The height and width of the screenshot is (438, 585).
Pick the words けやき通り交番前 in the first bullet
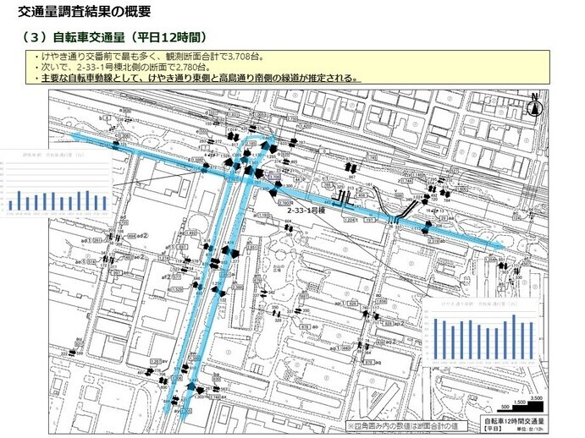click(x=78, y=56)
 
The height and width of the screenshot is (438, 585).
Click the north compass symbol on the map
click(x=534, y=106)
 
